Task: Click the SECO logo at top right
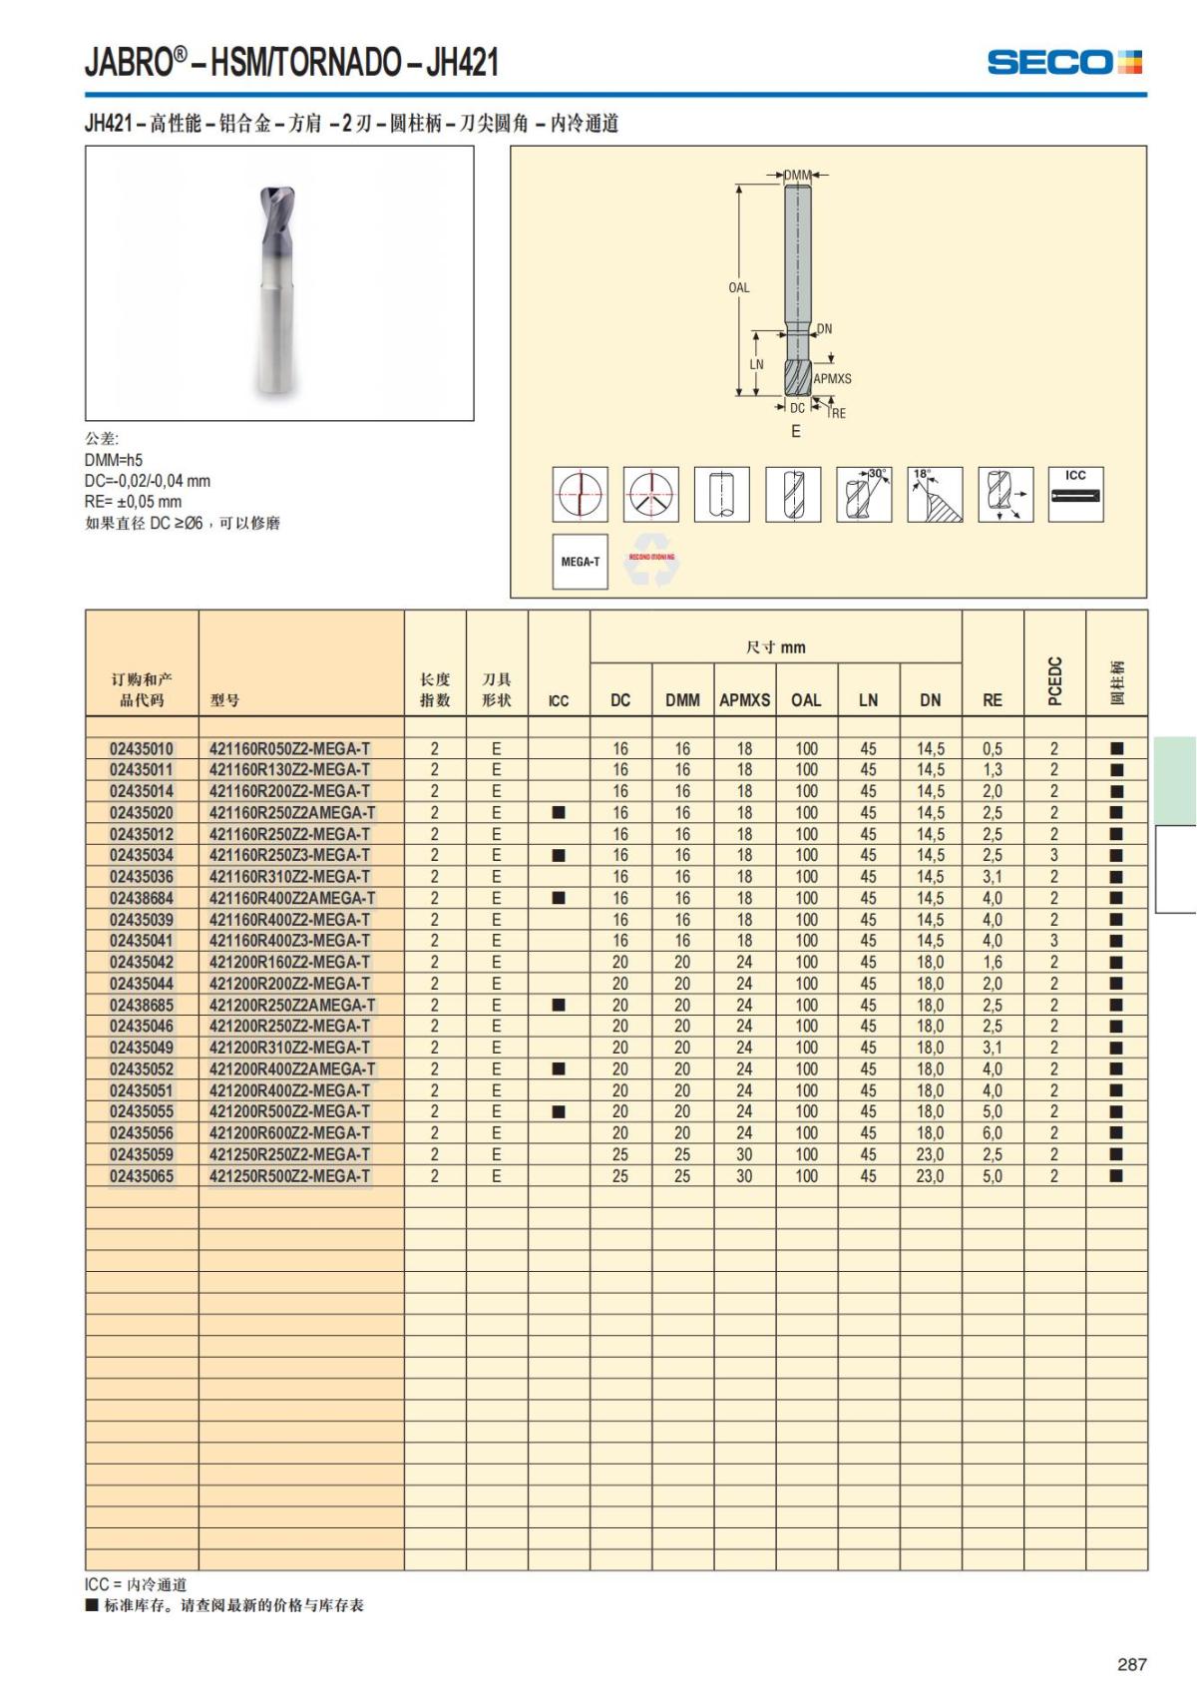[1063, 63]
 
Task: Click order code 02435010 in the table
[142, 748]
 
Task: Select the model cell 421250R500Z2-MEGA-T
[289, 1176]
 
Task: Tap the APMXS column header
[744, 699]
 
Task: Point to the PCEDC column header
[1054, 681]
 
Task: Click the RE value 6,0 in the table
[992, 1133]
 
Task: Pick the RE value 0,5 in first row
[992, 748]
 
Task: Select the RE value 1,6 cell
[992, 963]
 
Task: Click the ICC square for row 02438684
[559, 898]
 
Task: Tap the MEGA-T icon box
[580, 562]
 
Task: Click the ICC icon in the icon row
[1075, 494]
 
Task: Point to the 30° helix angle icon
[864, 494]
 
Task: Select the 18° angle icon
[935, 494]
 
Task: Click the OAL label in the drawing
[738, 288]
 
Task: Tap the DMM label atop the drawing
[797, 176]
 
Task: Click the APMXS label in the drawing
[832, 379]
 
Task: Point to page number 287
[1131, 1664]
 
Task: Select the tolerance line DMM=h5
[114, 460]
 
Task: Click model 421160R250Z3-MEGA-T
[289, 855]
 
